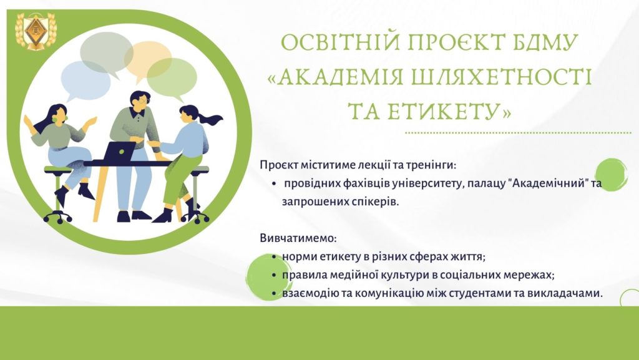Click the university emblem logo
point(36,31)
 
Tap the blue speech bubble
point(85,80)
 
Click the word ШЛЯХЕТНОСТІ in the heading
point(501,77)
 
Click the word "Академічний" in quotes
point(550,183)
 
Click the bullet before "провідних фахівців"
point(275,183)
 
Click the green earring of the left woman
point(55,119)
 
